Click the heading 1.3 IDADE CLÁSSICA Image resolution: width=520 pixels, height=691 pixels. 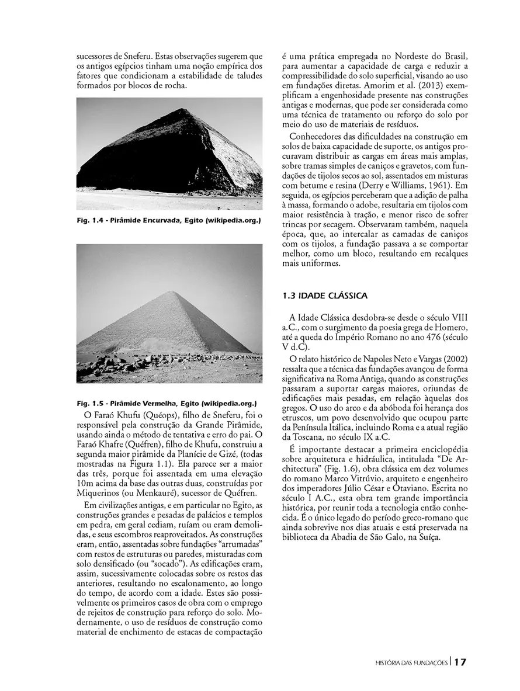[x=325, y=296]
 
